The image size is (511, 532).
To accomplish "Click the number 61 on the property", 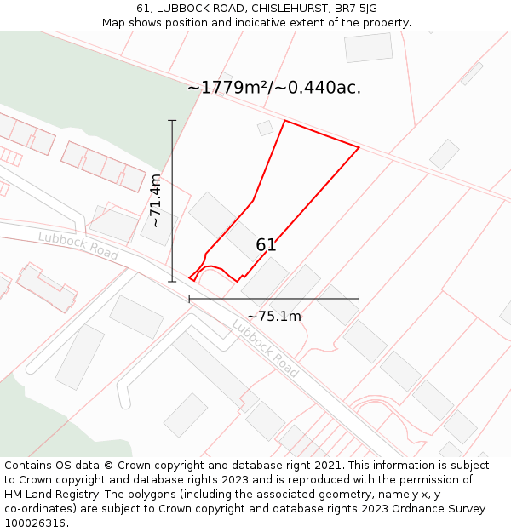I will pos(266,245).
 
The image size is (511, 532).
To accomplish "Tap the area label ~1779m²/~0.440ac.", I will pos(274,88).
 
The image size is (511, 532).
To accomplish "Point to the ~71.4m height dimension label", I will pos(155,200).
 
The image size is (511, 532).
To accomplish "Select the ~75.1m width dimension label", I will pos(274,317).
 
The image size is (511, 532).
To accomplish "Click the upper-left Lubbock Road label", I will pos(78,247).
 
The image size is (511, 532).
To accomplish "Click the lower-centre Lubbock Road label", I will pos(265,348).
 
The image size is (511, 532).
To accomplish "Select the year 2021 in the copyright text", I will pos(328,466).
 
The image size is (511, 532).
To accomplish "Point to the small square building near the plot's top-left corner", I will pos(265,128).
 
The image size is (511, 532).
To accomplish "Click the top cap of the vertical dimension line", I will pos(172,121).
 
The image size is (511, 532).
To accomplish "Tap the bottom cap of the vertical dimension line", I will pos(172,281).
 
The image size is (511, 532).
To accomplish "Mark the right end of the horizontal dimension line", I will pos(359,299).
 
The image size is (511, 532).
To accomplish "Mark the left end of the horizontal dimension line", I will pos(189,299).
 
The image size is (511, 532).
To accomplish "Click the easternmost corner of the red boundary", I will pos(359,148).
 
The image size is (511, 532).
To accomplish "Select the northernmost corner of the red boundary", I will pos(284,121).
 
